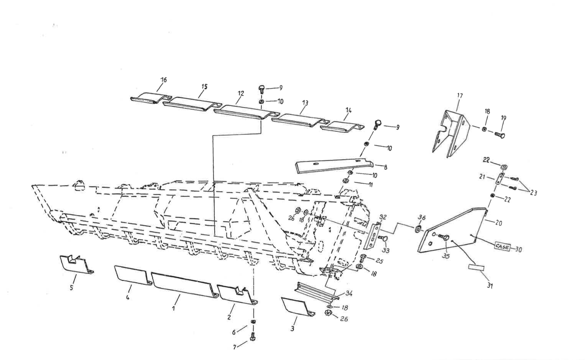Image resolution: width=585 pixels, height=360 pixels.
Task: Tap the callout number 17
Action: (460, 96)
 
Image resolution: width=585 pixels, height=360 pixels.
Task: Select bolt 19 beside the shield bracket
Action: (500, 135)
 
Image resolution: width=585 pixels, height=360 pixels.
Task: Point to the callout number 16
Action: (164, 80)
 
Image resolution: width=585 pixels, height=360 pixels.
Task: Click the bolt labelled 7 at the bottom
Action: (252, 337)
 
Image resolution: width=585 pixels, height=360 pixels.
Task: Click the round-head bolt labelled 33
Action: (385, 238)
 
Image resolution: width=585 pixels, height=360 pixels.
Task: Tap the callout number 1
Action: (173, 308)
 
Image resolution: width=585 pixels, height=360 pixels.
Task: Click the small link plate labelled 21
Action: (499, 180)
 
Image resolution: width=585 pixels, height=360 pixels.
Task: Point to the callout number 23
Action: (533, 193)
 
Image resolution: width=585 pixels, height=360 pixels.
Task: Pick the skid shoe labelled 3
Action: (296, 306)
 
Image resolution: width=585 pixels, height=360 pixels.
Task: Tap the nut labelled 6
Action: (253, 322)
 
